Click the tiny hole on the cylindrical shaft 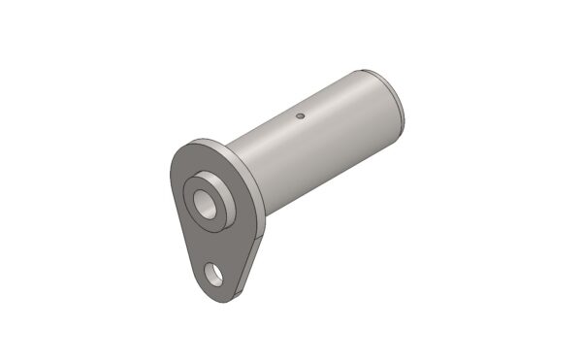coord(301,116)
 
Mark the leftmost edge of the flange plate coord(172,184)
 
